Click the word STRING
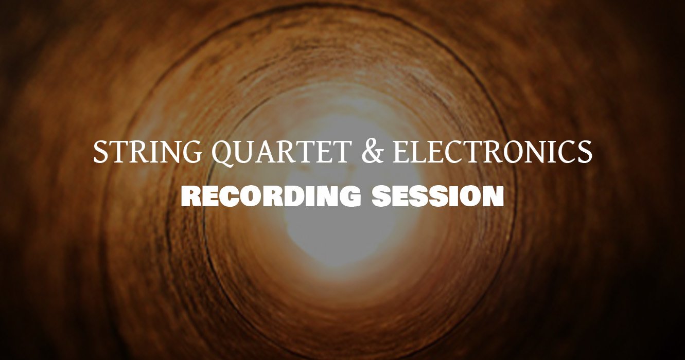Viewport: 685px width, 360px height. [x=147, y=152]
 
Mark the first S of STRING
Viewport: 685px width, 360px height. [x=100, y=152]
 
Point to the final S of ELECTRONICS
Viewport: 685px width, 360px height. [x=585, y=152]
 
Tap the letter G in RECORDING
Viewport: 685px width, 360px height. [x=349, y=196]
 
